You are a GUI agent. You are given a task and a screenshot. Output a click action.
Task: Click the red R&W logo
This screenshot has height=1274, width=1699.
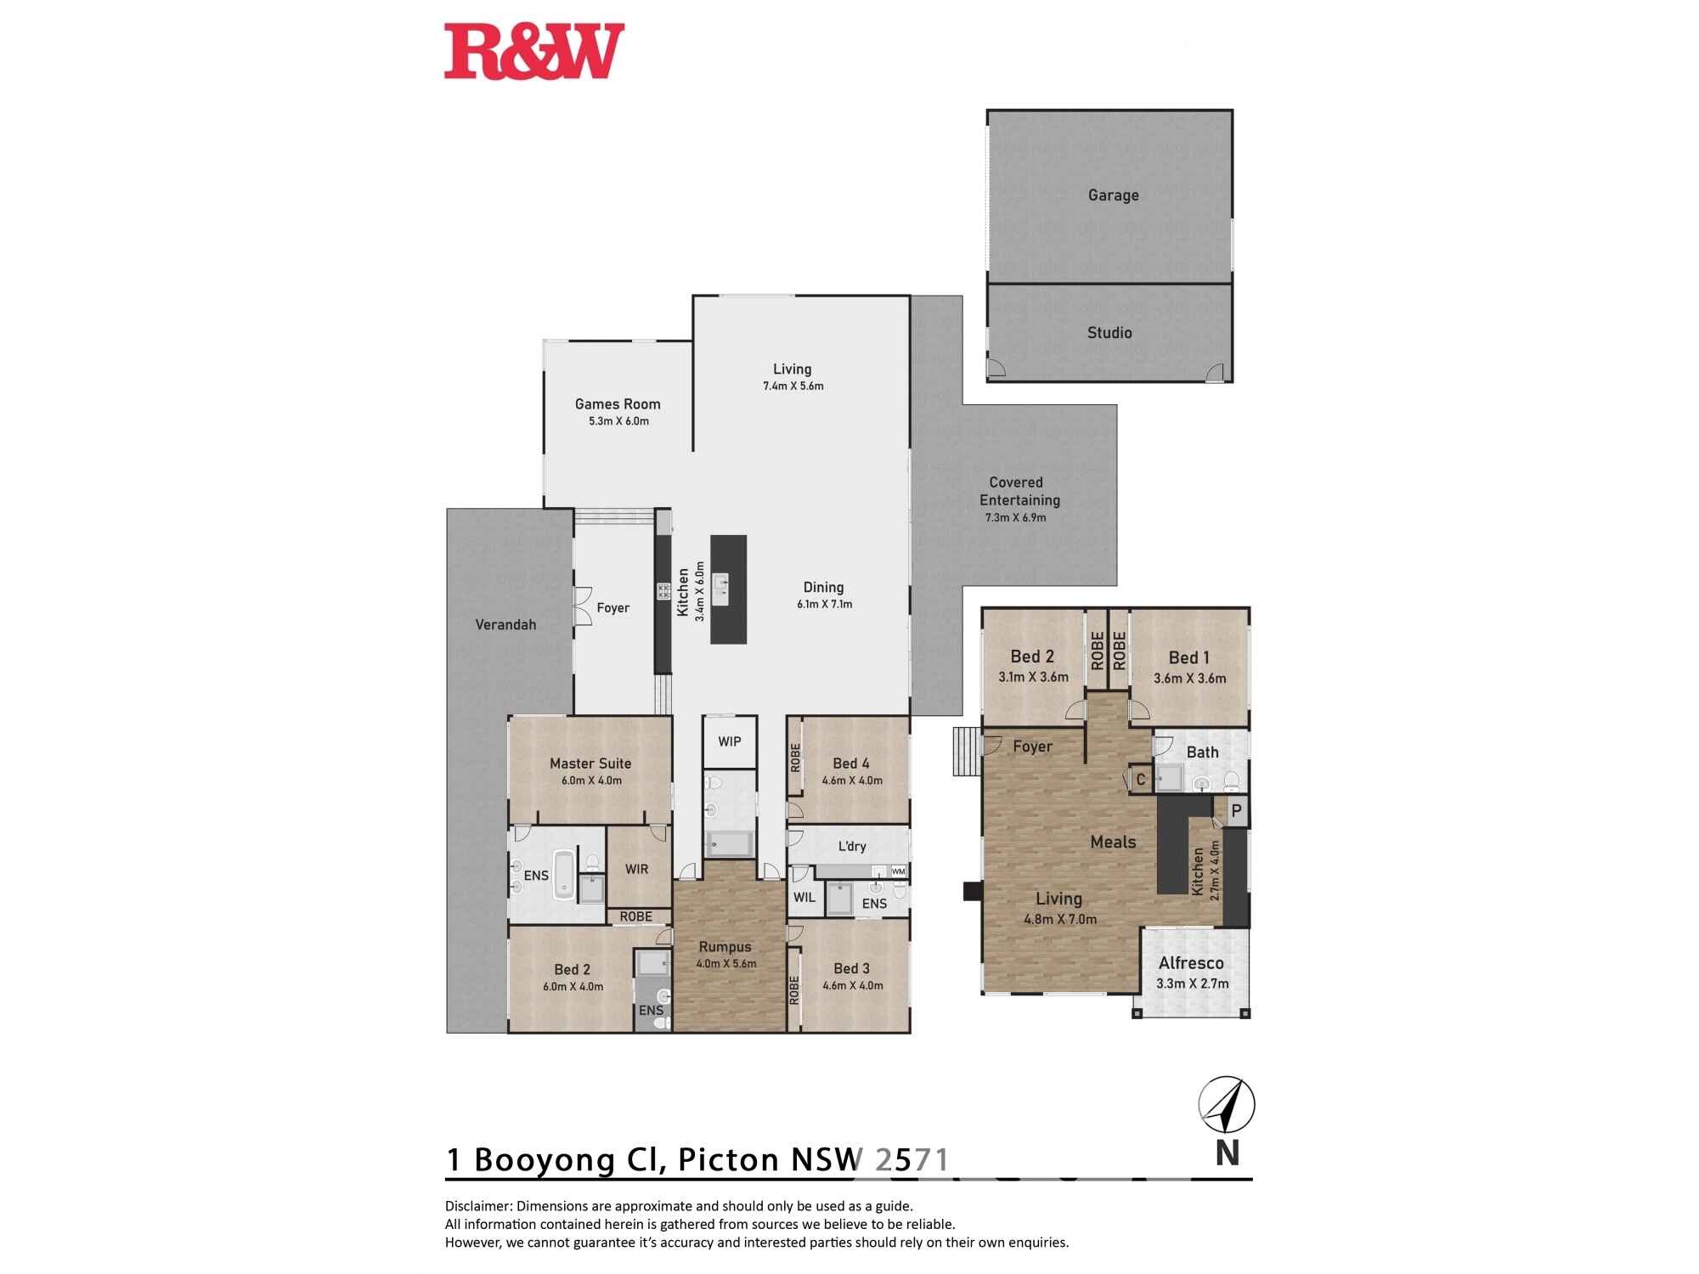534,51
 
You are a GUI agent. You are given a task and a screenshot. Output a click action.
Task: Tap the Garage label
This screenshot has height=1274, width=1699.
1113,195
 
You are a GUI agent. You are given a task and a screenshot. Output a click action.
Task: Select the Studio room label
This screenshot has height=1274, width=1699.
1109,333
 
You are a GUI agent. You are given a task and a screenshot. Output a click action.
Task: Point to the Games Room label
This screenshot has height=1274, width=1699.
618,404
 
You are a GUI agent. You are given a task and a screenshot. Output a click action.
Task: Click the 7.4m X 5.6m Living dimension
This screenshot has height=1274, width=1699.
793,386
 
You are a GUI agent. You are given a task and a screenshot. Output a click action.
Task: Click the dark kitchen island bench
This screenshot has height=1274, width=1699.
729,589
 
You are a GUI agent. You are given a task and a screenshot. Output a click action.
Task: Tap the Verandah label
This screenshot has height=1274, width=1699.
505,625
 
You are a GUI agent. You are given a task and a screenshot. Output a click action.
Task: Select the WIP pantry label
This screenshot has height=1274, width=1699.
730,741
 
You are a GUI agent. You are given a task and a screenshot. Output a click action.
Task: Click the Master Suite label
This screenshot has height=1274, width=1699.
590,764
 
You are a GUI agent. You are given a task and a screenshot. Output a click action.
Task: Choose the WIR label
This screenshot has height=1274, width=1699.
637,869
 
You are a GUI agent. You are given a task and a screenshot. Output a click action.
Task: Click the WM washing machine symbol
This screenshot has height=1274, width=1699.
898,871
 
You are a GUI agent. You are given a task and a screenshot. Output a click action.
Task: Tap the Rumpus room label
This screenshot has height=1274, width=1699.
725,947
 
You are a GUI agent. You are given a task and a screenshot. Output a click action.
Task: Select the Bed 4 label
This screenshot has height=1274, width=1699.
850,764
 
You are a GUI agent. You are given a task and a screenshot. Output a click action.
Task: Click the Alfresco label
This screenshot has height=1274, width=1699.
1191,963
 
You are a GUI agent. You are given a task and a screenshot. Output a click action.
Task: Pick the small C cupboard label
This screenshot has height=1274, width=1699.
1141,780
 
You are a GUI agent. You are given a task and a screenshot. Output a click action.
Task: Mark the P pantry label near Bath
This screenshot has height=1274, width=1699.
1237,811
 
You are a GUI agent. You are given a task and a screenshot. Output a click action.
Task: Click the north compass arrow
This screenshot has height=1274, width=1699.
1227,1106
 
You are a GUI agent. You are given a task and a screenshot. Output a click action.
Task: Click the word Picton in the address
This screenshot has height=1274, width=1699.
728,1159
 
